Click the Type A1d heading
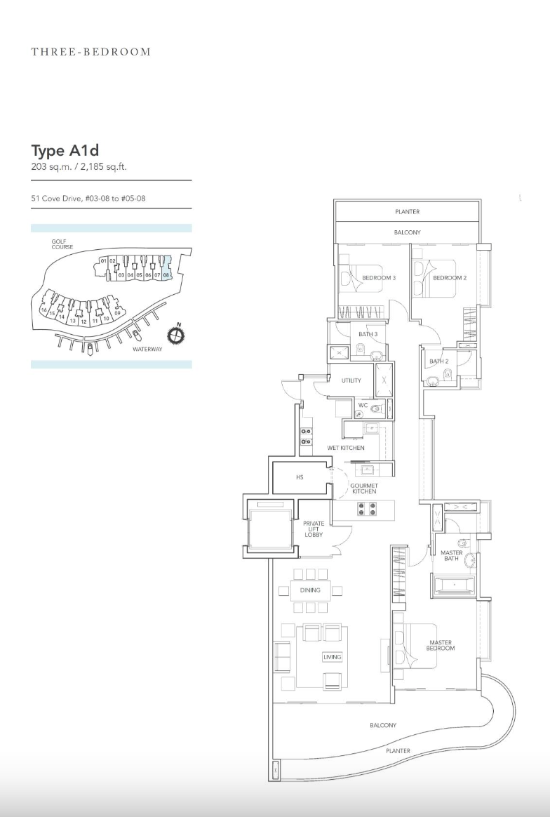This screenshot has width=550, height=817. [x=65, y=151]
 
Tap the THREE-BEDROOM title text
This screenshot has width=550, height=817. [x=91, y=51]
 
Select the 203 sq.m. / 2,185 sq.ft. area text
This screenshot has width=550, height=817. [x=79, y=167]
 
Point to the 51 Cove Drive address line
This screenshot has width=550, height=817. [x=88, y=199]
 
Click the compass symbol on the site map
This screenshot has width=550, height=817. [x=176, y=335]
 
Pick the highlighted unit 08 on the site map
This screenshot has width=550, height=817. [x=166, y=268]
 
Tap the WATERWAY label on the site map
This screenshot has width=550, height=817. [x=147, y=349]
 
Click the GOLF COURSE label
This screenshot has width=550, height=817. [x=62, y=244]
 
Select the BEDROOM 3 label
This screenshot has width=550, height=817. [x=379, y=278]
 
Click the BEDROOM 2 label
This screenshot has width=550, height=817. [x=450, y=278]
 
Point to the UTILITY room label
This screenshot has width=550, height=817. [x=351, y=380]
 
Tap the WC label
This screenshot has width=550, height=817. [x=363, y=405]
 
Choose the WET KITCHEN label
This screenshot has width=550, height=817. [x=346, y=448]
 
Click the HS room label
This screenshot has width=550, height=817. [x=300, y=477]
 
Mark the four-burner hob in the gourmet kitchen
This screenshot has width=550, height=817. [x=367, y=508]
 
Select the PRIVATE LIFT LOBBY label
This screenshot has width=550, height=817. [x=314, y=529]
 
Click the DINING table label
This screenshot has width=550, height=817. [x=310, y=590]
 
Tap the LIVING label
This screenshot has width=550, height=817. [x=333, y=657]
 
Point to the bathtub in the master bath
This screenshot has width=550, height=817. [x=454, y=585]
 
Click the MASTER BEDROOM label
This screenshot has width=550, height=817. [x=441, y=646]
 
